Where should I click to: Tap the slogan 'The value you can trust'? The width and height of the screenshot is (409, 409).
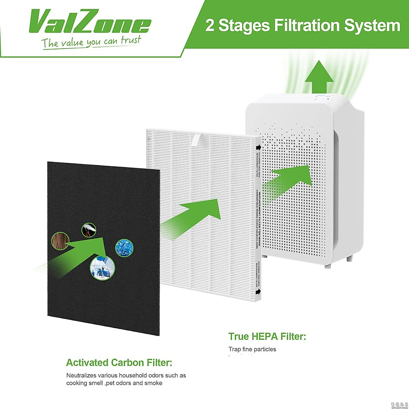[x=91, y=42]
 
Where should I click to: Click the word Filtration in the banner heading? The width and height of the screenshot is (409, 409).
[x=303, y=25]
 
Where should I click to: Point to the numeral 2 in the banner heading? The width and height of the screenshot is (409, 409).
[x=210, y=26]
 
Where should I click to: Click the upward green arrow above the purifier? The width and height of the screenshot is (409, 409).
[x=319, y=76]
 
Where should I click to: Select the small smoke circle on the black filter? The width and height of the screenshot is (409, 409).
[x=89, y=230]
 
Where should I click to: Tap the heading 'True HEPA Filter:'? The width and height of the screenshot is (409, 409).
[x=267, y=337]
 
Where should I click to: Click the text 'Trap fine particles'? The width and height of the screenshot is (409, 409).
[x=252, y=349]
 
